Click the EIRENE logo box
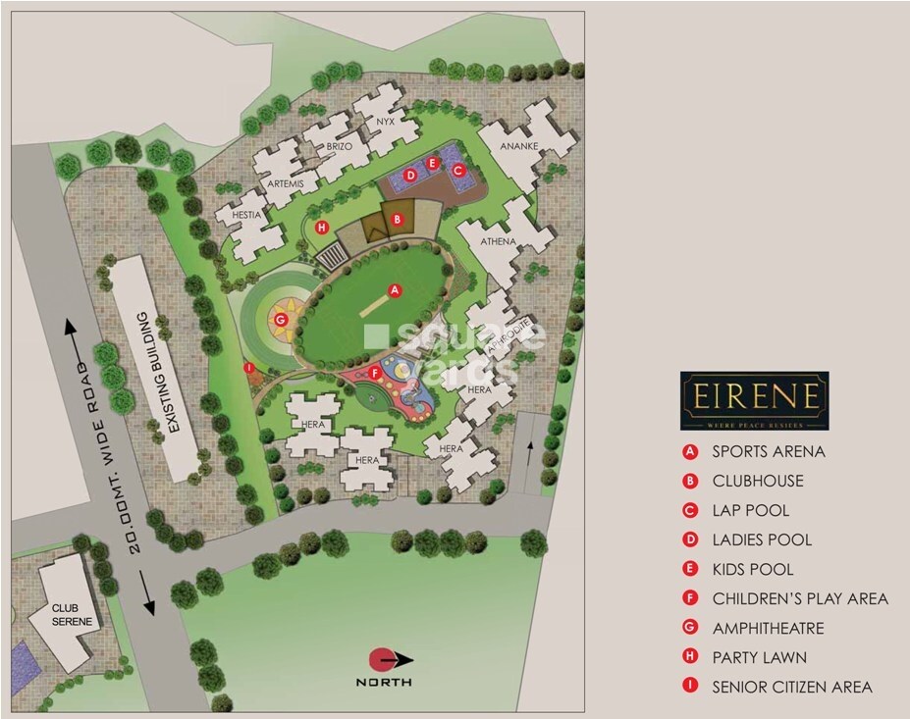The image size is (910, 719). (x=755, y=400)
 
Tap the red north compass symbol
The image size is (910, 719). (x=381, y=659)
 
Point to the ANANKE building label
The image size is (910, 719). (x=516, y=148)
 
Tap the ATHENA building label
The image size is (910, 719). (x=499, y=240)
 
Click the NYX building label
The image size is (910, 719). (x=383, y=122)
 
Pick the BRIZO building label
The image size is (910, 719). (x=339, y=146)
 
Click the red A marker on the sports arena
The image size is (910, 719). (x=395, y=290)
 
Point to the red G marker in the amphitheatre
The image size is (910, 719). (x=281, y=319)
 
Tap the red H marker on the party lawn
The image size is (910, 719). (x=322, y=228)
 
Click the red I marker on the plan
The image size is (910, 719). (x=250, y=368)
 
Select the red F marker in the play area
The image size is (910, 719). (x=374, y=372)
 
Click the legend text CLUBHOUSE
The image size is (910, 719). (x=757, y=482)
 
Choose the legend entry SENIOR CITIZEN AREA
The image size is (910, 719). (x=791, y=688)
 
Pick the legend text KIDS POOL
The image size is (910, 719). (x=752, y=570)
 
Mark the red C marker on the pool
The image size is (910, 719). (x=456, y=169)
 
